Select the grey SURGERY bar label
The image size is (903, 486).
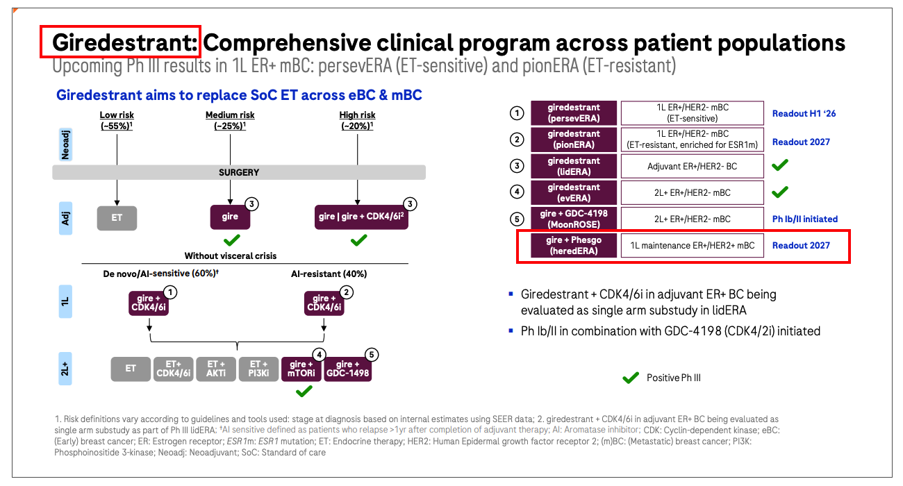tap(238, 172)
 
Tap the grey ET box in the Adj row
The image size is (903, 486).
tap(117, 217)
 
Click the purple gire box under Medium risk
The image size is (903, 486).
tap(230, 217)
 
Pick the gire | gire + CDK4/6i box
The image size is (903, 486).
tap(361, 217)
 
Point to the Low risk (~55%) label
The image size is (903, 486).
tap(117, 120)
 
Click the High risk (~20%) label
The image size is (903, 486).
tap(358, 120)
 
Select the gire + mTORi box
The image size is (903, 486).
tap(302, 369)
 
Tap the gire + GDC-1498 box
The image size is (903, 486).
tap(348, 369)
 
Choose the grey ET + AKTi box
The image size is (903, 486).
tap(217, 369)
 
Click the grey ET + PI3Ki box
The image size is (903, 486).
tap(259, 369)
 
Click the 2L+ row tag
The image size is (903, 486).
tap(65, 367)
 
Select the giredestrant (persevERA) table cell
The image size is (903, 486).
tap(574, 113)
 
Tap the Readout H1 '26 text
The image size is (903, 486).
tap(804, 114)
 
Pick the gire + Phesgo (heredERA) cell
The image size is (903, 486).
tap(574, 245)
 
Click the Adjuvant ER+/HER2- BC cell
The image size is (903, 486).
tap(692, 166)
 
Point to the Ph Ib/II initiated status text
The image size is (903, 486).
tap(804, 219)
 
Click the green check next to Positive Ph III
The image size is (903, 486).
tap(630, 378)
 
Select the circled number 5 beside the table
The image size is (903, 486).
tap(516, 219)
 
